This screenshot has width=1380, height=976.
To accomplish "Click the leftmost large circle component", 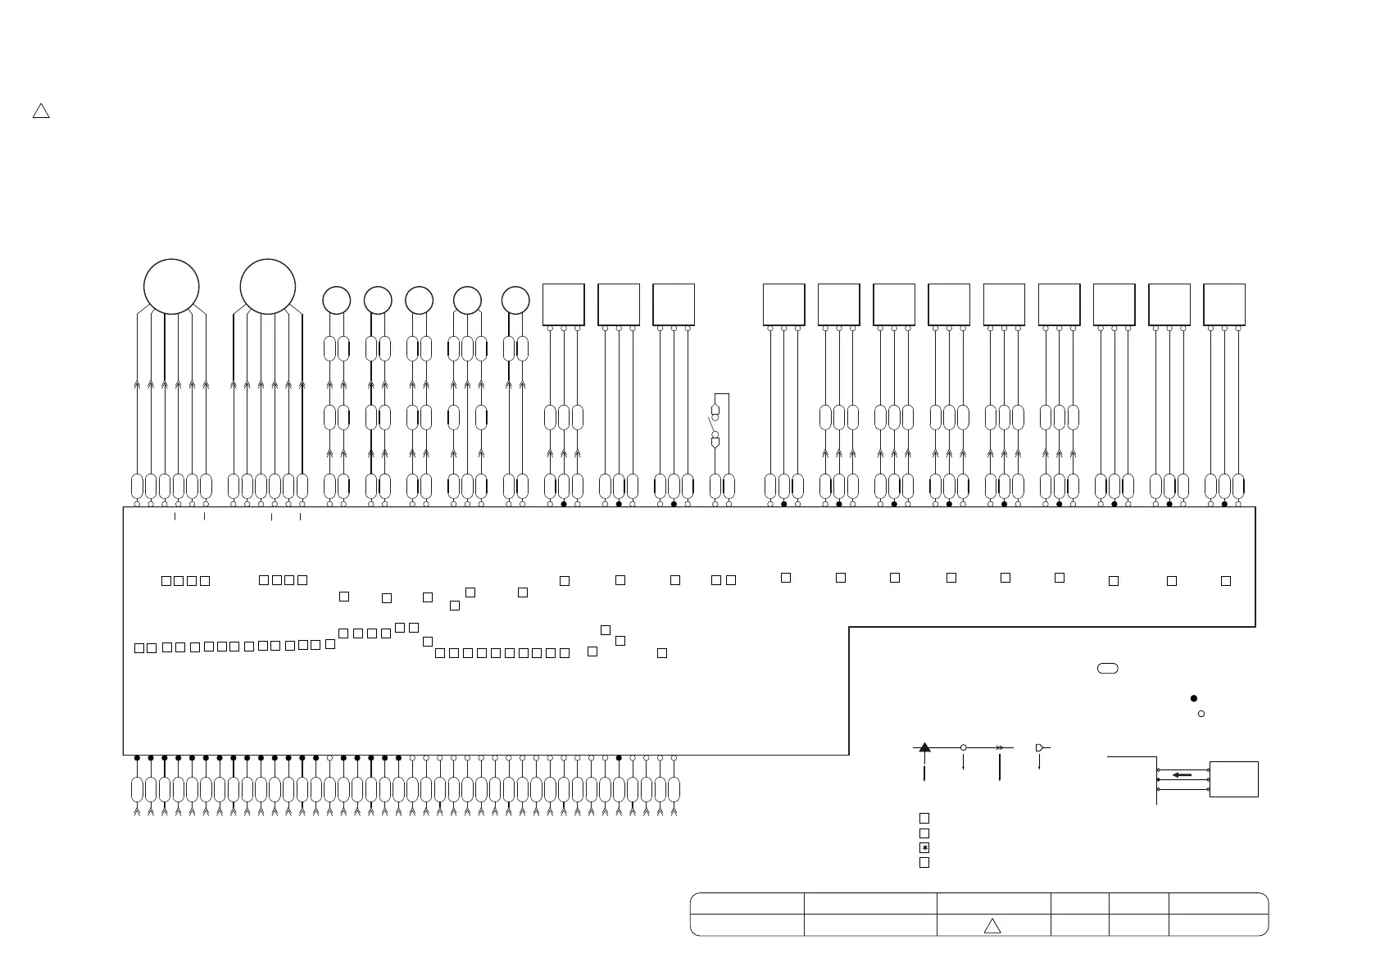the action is pos(171,287).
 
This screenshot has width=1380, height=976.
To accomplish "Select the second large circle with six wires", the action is pos(268,287).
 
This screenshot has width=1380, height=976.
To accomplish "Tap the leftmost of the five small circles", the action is pos(337,301).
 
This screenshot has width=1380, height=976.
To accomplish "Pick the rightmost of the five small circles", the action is pos(515,301).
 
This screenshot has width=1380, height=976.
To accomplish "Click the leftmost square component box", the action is pos(564,305).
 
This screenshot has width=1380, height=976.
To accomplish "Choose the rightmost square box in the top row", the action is pos(1224,305).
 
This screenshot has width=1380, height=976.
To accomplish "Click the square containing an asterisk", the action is pos(924,847).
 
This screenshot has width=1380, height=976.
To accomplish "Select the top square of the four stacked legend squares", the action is pos(924,818).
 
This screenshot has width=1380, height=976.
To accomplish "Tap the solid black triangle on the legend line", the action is pos(924,747).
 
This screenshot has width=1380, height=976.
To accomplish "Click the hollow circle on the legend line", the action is pos(964,747).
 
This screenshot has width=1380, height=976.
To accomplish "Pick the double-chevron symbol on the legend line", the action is pos(1000,747).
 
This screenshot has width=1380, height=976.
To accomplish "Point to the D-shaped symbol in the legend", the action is pos(1040,747).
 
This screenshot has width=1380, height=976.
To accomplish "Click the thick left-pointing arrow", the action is pos(1182,774).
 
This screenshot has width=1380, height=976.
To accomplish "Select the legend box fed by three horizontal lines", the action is pos(1234,779).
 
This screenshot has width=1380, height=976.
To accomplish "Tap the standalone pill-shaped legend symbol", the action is pos(1107,669).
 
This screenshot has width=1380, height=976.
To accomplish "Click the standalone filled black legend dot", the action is pos(1194,698).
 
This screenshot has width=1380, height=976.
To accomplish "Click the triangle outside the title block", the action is pos(41,111).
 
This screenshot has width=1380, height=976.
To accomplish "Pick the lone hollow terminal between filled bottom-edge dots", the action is pos(329,758).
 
